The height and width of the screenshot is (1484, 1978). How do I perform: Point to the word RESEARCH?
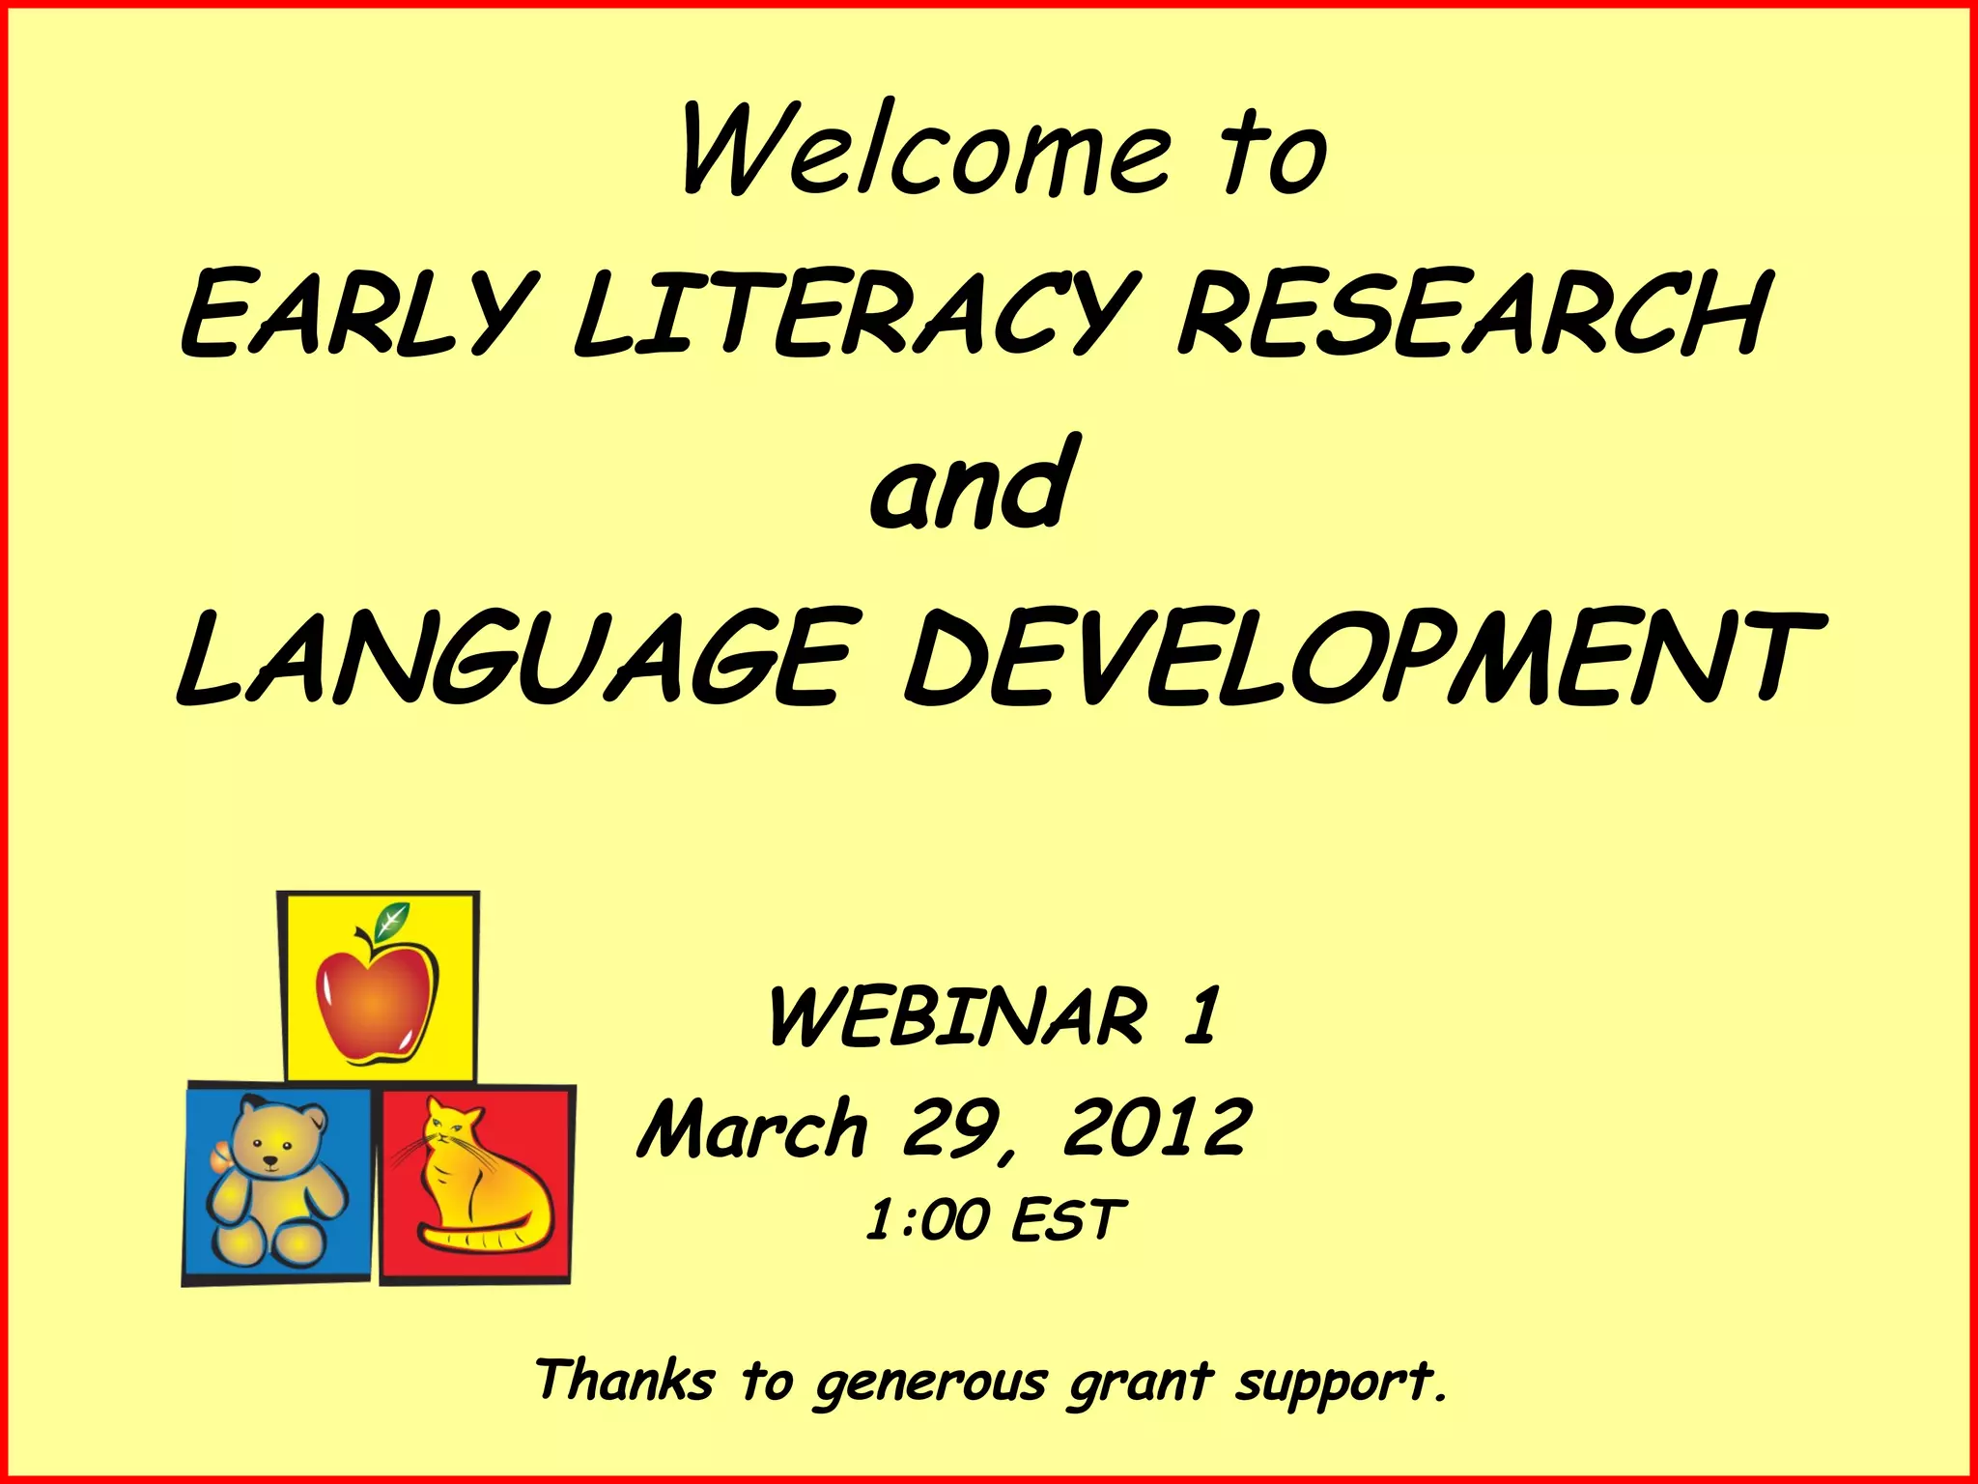(1473, 315)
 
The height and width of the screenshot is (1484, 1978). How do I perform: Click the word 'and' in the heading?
(972, 489)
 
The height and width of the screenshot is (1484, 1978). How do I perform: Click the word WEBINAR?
(956, 1017)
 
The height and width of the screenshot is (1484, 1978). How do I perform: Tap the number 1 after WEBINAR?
(1202, 1016)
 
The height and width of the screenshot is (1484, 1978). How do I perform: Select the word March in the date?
(753, 1130)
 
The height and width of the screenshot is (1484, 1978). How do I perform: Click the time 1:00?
(927, 1220)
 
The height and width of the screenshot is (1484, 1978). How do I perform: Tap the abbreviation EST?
(1068, 1220)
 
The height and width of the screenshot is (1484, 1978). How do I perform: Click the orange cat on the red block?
(478, 1184)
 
